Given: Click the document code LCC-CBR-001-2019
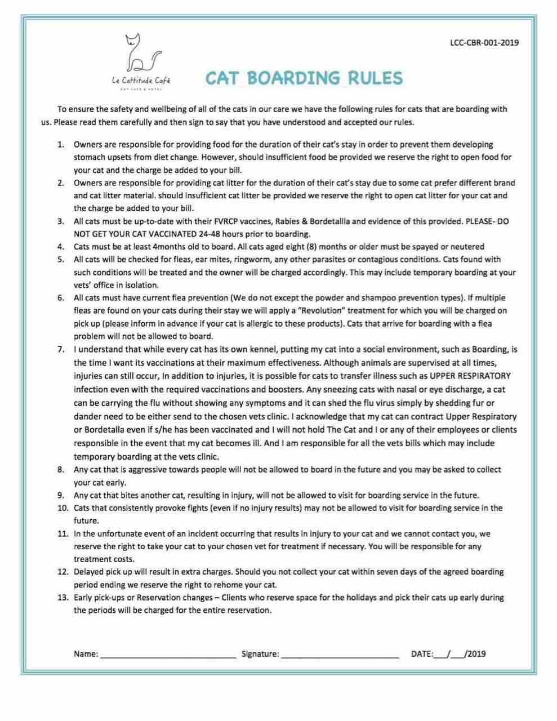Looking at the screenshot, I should point(484,42).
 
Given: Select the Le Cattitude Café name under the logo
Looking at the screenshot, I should point(141,81).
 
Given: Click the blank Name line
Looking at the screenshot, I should point(168,655).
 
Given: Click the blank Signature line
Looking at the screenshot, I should point(340,655).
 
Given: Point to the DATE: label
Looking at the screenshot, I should point(422,654).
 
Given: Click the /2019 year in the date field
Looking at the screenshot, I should point(475,654).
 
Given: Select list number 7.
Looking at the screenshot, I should point(61,350).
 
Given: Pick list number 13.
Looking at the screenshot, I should point(63,598).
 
